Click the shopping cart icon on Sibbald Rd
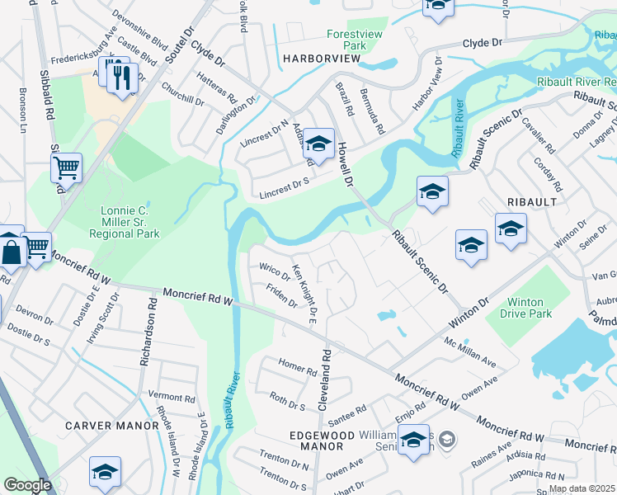point(66,167)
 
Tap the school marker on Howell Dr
point(318,144)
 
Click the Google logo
point(27,485)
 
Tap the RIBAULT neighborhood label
point(534,201)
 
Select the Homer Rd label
point(298,367)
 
